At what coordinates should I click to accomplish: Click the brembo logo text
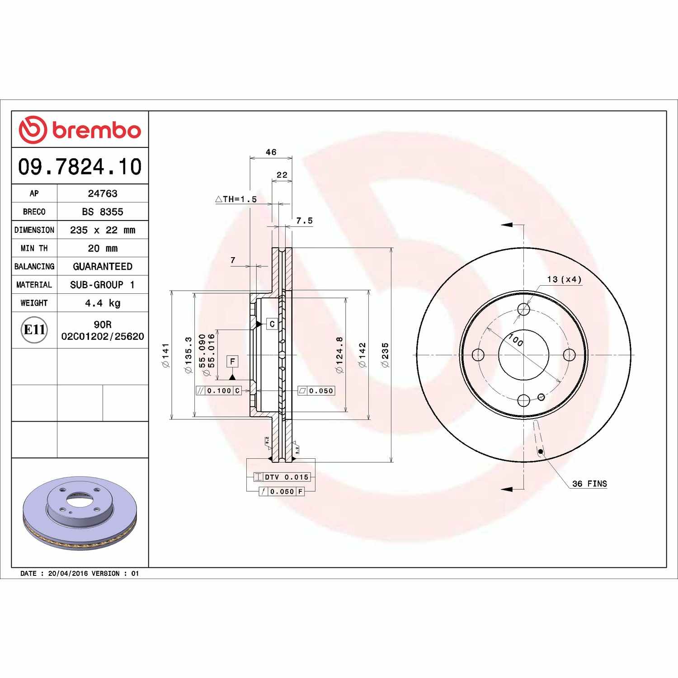[x=96, y=130]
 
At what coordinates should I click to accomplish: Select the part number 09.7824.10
[x=80, y=166]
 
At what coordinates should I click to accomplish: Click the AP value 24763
[x=103, y=193]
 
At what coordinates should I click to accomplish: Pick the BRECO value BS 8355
[x=103, y=212]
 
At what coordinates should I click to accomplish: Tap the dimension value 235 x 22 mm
[x=103, y=230]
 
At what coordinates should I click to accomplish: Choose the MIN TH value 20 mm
[x=103, y=248]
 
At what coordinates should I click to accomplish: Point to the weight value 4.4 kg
[x=103, y=303]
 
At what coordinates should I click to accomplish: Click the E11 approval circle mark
[x=34, y=330]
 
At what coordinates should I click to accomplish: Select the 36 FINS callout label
[x=589, y=484]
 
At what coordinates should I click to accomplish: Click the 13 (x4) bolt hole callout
[x=564, y=279]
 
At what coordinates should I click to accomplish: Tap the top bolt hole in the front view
[x=523, y=310]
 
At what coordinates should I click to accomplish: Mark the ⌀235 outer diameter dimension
[x=385, y=355]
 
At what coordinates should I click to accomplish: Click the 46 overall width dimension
[x=271, y=152]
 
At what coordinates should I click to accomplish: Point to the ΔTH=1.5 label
[x=236, y=199]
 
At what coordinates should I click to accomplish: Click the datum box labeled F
[x=232, y=361]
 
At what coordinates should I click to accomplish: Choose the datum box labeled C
[x=272, y=324]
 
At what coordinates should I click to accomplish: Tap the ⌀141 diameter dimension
[x=165, y=355]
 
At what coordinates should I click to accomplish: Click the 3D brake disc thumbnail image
[x=80, y=513]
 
